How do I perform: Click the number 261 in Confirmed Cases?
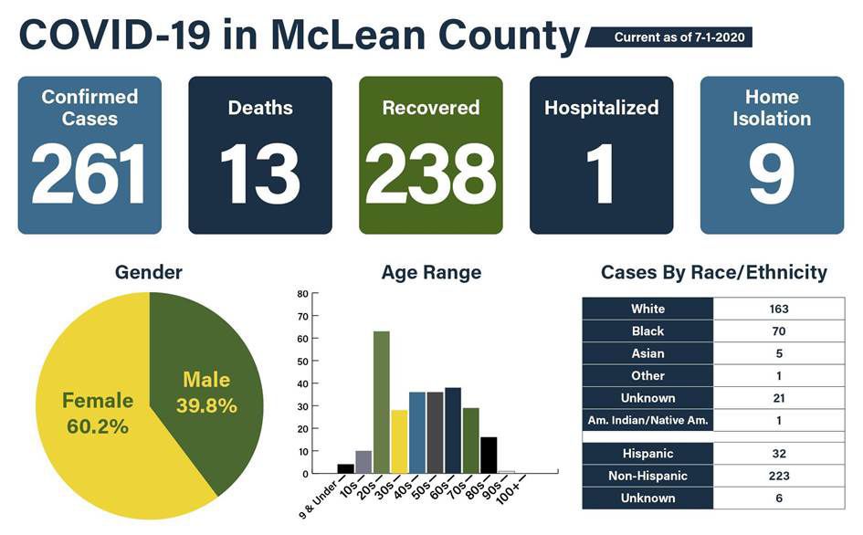(x=89, y=173)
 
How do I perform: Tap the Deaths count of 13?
(x=259, y=173)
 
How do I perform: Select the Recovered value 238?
(x=430, y=173)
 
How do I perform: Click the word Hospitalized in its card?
(x=601, y=108)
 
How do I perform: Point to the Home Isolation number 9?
(x=772, y=173)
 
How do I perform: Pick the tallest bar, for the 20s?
(x=382, y=402)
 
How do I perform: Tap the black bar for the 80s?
(x=489, y=455)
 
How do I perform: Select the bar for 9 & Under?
(x=345, y=468)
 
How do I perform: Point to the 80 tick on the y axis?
(x=302, y=294)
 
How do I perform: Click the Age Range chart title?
(x=431, y=272)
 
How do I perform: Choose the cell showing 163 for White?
(x=778, y=309)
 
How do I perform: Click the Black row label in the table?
(x=647, y=331)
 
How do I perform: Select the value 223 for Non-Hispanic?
(x=778, y=476)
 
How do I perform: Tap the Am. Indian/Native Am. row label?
(x=647, y=420)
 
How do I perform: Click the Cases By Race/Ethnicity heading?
(x=713, y=272)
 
